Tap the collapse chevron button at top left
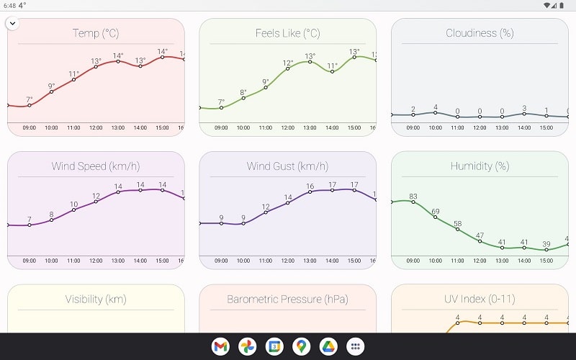[12, 23]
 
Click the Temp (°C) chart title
[96, 33]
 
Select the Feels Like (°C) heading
[287, 33]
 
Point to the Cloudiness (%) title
[480, 33]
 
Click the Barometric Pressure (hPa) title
[287, 299]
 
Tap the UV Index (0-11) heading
[480, 299]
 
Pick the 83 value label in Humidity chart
[413, 197]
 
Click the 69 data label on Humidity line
[436, 212]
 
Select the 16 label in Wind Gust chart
[310, 186]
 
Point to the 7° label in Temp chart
[30, 100]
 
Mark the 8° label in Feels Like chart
[243, 92]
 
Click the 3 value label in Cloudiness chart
[524, 108]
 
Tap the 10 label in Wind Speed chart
[73, 204]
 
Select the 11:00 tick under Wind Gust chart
[266, 261]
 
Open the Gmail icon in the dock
[220, 346]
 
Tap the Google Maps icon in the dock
[302, 346]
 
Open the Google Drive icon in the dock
[328, 346]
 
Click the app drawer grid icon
[355, 346]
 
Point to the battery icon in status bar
[566, 5]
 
